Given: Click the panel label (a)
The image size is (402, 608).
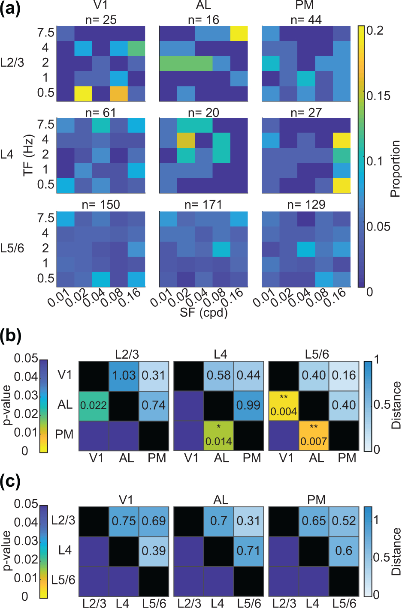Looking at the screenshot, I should [11, 9].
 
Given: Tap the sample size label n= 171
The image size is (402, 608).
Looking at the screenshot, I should [203, 205].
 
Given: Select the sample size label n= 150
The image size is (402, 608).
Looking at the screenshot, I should [101, 205].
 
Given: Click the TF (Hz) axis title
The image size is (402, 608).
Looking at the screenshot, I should [28, 155].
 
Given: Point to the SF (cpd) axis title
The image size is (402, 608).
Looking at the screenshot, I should [203, 312].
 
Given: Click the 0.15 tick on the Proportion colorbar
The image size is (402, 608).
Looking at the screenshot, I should [378, 96].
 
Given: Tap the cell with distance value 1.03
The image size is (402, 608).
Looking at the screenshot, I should [124, 376].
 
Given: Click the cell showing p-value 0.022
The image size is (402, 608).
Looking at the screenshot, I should [94, 405].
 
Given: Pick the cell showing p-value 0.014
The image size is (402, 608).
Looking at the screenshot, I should [219, 436].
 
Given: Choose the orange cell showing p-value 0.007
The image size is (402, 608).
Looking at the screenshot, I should [314, 436].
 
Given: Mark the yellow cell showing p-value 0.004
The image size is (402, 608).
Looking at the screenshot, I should [284, 405].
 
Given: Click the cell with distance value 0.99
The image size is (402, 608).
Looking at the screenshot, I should [249, 405].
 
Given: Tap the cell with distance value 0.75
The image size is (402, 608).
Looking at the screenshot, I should [124, 521].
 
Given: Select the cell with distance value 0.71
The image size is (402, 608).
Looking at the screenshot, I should [249, 551].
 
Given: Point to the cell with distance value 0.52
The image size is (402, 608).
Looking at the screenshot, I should [344, 521].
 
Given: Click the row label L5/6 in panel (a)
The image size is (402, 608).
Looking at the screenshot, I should [12, 249].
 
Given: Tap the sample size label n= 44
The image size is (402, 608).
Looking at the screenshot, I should [306, 20].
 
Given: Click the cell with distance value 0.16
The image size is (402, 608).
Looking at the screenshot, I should [344, 376].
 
